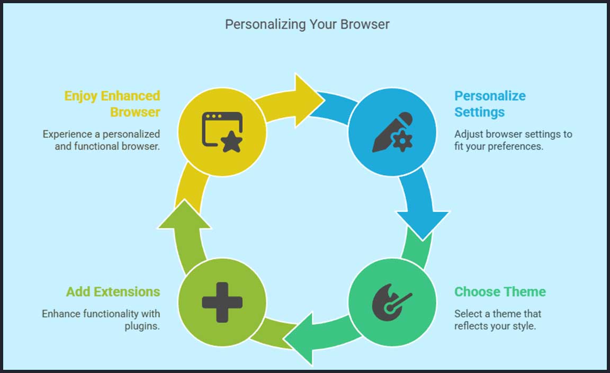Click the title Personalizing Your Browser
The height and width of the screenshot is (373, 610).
tap(307, 24)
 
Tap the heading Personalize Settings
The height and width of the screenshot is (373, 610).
tap(490, 104)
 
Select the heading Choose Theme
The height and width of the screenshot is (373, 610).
tap(500, 292)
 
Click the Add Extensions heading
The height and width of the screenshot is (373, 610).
tap(113, 292)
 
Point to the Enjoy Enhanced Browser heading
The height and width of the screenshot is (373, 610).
tap(112, 104)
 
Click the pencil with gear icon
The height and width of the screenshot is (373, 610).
tap(392, 132)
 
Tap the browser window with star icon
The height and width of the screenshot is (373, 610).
tap(222, 132)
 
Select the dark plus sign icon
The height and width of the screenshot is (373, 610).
tap(222, 303)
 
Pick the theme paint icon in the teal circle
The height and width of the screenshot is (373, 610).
tap(391, 303)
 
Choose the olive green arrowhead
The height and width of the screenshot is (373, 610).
tap(184, 217)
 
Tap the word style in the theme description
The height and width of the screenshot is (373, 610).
tap(524, 326)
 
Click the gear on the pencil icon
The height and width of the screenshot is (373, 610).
tap(402, 140)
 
